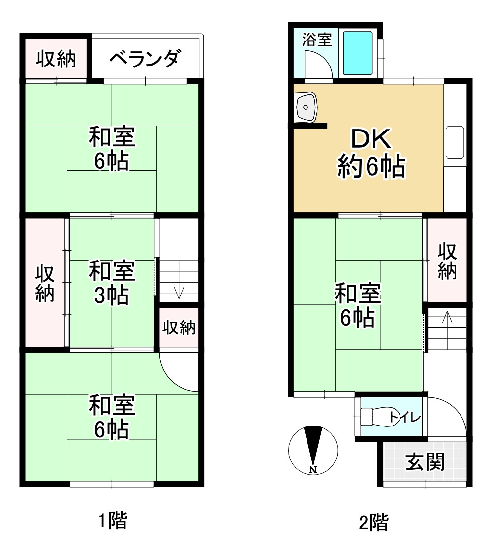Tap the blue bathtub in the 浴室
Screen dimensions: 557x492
tap(358, 53)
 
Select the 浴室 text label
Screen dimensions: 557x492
tap(317, 39)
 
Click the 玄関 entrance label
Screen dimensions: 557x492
tap(425, 462)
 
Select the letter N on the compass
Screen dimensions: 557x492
tap(313, 470)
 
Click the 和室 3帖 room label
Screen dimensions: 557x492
tap(112, 283)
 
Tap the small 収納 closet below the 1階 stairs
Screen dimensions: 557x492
tap(180, 328)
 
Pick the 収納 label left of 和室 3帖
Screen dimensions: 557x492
tap(45, 284)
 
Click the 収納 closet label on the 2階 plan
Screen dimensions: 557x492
tap(447, 261)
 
